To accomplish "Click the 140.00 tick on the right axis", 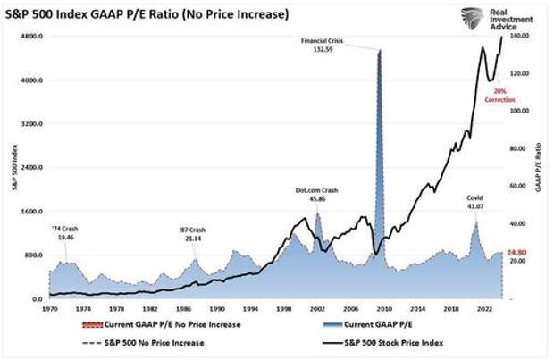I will (521, 36).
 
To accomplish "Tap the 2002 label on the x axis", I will (316, 309).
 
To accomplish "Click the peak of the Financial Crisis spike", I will (380, 51).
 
